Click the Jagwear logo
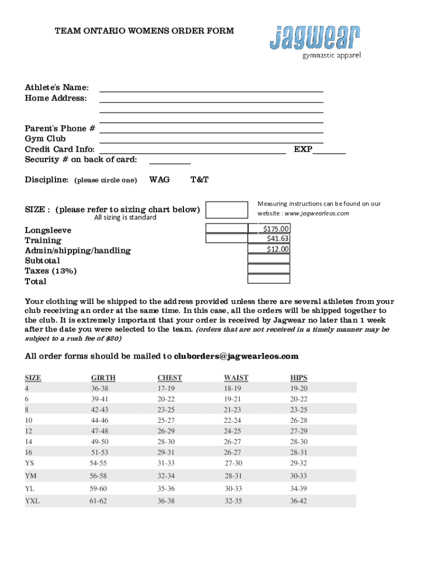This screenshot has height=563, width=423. pos(315,41)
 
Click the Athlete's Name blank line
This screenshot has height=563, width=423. pos(211,90)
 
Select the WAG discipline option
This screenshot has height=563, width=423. pos(159,180)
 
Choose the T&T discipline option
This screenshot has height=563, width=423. pos(199,180)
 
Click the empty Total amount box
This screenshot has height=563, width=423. pos(269,279)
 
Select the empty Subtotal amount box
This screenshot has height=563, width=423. pos(269,259)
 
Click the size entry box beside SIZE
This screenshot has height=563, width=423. pos(226,209)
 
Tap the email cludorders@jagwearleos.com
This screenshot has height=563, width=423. pos(236,356)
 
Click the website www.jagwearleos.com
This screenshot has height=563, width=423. pos(316,213)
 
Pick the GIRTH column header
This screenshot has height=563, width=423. pos(103,378)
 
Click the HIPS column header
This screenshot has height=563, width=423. pos(299,378)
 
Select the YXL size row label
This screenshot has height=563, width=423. pos(32,501)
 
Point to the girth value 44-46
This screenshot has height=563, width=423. pos(99,420)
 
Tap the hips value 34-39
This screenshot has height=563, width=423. pos(298,488)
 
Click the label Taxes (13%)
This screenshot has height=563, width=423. pos(51,271)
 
